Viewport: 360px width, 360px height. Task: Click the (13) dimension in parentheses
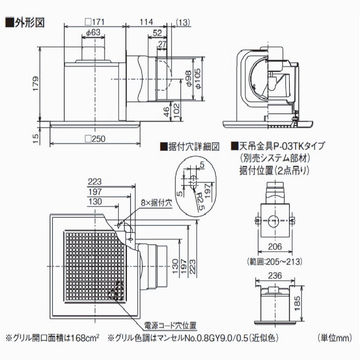tap(183, 22)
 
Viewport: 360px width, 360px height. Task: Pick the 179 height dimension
tap(36, 83)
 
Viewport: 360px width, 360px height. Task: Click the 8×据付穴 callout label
tap(155, 203)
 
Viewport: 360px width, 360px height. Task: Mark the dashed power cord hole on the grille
tap(116, 290)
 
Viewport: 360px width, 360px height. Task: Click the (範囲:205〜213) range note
tap(274, 261)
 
